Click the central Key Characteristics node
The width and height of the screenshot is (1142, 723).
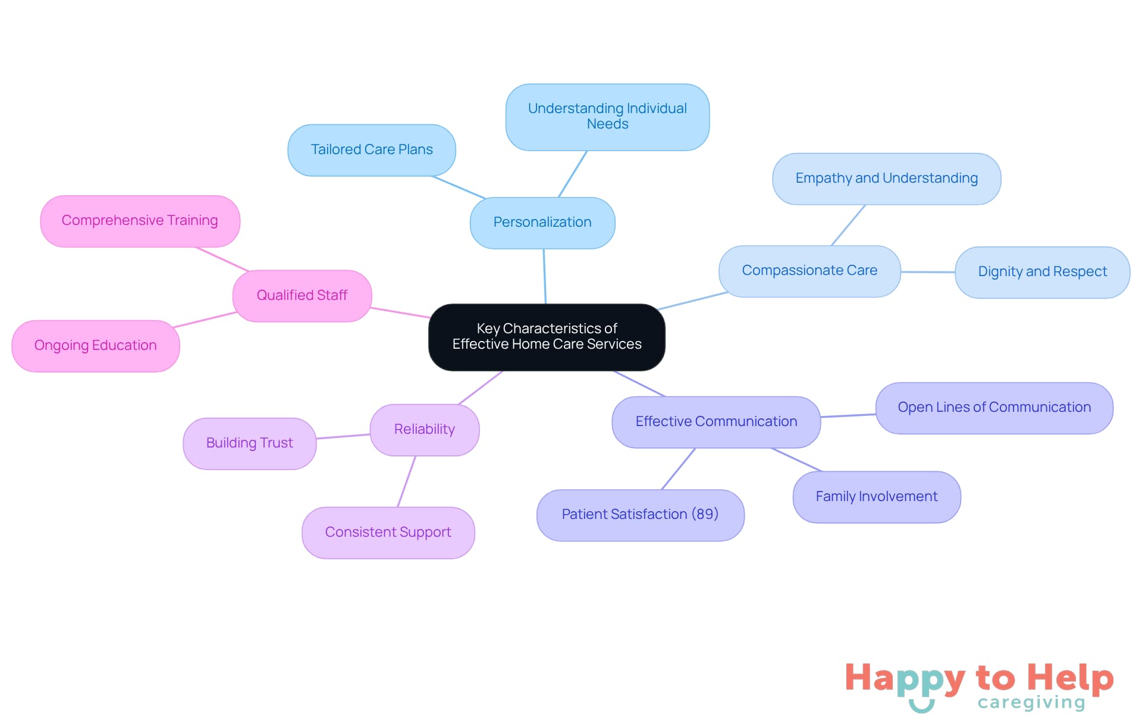click(547, 337)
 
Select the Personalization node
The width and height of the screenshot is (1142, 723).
click(542, 223)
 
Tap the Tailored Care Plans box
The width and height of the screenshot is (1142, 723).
click(372, 150)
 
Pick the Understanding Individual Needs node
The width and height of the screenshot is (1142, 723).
click(607, 117)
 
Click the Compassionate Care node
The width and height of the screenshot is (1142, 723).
click(809, 271)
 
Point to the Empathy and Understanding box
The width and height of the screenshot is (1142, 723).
click(886, 179)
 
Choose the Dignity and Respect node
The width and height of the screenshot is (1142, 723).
click(1042, 272)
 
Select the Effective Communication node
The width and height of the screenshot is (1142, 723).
click(716, 422)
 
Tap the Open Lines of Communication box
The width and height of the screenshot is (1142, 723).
click(994, 408)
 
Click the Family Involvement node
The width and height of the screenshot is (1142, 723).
click(876, 497)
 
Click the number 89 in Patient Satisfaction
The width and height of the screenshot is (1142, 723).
click(705, 514)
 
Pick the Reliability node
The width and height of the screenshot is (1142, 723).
click(424, 430)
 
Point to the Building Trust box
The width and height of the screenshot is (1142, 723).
click(249, 443)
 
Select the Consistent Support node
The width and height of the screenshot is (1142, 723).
click(388, 533)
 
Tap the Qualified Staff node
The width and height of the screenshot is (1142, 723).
click(302, 296)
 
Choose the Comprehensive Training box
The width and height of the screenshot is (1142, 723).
click(140, 221)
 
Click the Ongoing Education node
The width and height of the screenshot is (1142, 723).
click(95, 346)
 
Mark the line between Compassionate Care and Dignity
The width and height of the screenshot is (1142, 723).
click(928, 272)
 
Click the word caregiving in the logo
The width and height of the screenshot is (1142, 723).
click(1031, 703)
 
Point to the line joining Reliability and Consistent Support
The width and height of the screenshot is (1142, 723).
click(407, 481)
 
